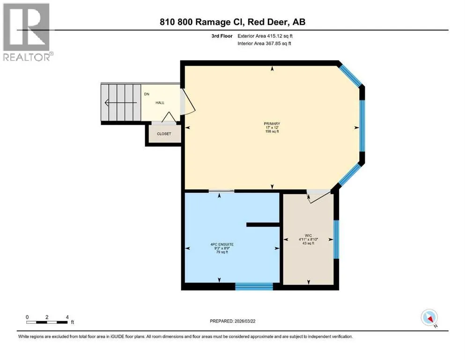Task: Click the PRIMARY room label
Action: [x=272, y=124]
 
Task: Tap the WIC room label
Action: [x=308, y=236]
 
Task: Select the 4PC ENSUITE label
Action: [x=222, y=245]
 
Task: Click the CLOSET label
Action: [x=164, y=134]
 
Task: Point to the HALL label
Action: [x=160, y=103]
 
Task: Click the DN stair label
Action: [x=147, y=94]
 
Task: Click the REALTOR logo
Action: [x=27, y=32]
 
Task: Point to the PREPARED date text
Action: [x=232, y=321]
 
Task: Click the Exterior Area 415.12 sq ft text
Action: [x=265, y=36]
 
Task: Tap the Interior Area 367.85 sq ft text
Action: [x=264, y=43]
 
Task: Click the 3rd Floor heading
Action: [x=222, y=36]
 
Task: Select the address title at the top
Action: [x=232, y=22]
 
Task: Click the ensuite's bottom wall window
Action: [x=254, y=286]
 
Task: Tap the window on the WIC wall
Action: [x=336, y=240]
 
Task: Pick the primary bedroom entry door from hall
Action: [x=187, y=101]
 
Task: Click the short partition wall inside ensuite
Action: [x=263, y=225]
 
